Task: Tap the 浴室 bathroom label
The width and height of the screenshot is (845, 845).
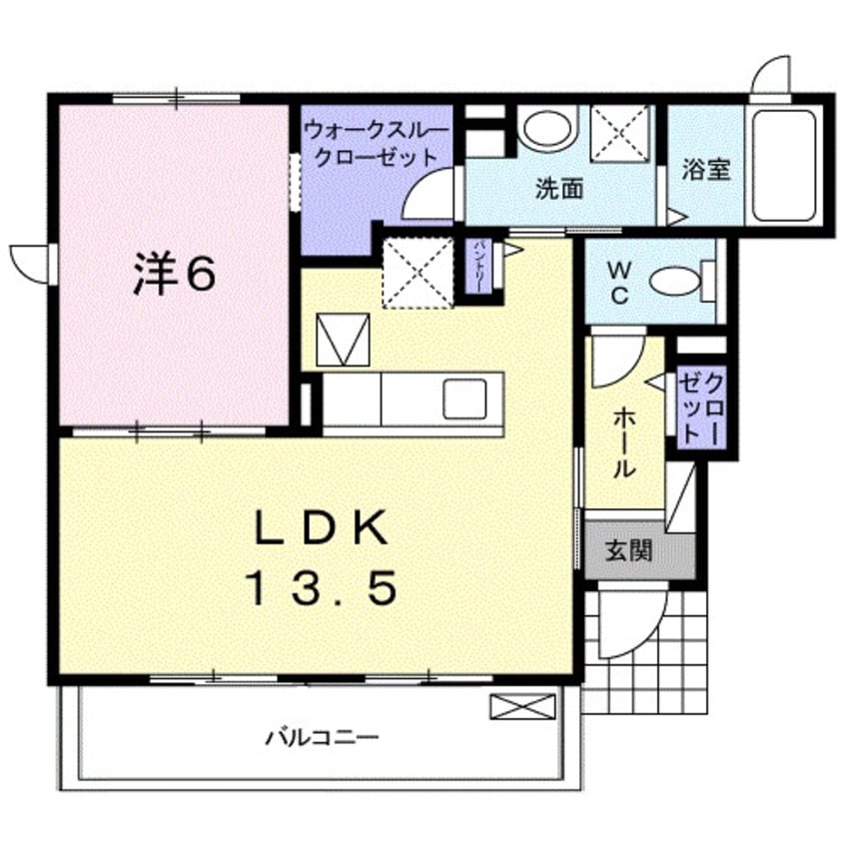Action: (x=706, y=169)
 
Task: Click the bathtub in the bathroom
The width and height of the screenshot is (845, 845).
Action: (x=786, y=165)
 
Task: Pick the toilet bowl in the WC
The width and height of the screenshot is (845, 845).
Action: (x=679, y=281)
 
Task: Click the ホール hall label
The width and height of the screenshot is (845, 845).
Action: (x=623, y=439)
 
